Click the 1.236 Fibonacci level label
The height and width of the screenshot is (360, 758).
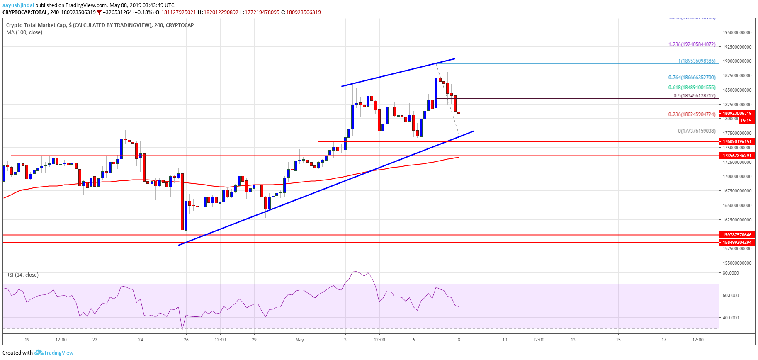point(692,44)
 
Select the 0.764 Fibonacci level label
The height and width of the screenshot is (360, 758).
point(692,78)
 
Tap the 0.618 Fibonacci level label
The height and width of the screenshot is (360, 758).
point(692,88)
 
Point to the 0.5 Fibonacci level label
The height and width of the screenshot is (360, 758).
point(694,96)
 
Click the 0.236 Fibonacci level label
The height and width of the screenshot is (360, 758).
point(692,114)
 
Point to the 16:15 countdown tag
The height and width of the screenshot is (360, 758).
point(746,121)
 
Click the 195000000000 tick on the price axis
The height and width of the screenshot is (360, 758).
point(737,32)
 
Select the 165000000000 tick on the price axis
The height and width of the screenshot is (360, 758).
point(737,205)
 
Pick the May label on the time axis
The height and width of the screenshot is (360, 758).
point(299,340)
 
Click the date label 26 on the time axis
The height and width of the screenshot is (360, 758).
point(186,340)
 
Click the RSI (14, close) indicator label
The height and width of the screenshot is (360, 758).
point(22,275)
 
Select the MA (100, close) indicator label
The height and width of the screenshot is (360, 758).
point(24,32)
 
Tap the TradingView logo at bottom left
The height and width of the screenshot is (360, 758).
point(54,353)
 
